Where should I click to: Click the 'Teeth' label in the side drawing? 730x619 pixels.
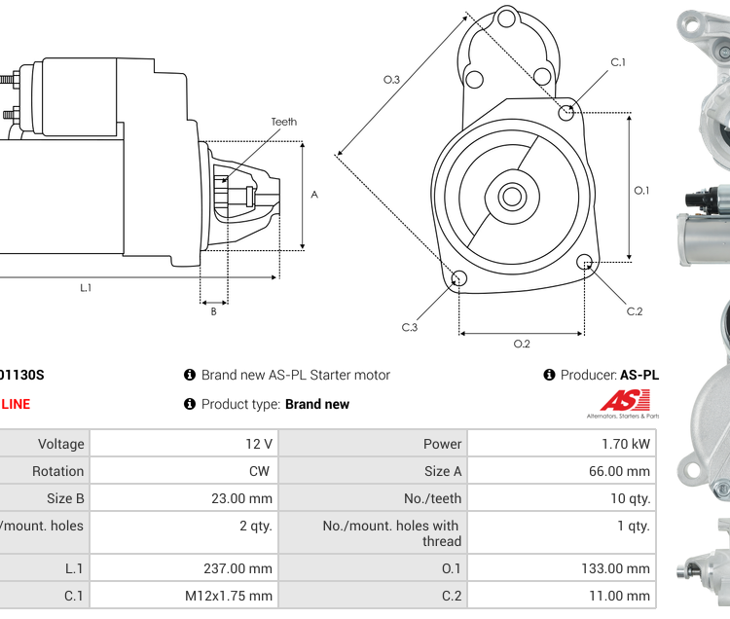(283, 122)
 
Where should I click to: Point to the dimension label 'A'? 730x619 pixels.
(314, 195)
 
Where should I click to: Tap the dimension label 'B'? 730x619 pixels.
(213, 311)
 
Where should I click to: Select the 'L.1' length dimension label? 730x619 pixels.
(86, 288)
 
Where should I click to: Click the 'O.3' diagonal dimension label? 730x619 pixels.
(391, 79)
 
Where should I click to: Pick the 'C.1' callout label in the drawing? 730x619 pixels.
(618, 62)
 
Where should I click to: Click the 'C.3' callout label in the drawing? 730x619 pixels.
(410, 327)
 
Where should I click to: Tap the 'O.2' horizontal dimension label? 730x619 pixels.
(522, 344)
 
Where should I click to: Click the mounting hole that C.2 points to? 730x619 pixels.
(585, 262)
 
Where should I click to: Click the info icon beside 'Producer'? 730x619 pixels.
(549, 375)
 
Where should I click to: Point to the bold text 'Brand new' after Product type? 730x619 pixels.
(317, 404)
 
